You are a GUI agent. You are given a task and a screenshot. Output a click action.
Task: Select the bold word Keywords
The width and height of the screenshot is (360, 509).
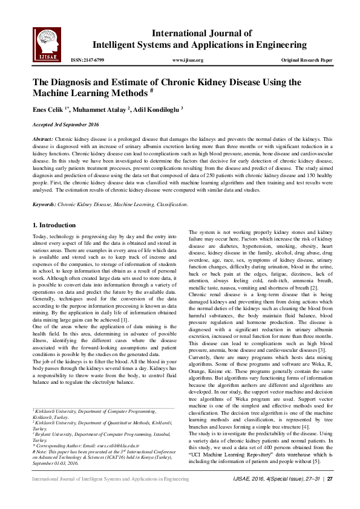[44, 204]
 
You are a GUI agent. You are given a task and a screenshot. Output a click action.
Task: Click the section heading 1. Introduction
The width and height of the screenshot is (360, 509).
[54, 225]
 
